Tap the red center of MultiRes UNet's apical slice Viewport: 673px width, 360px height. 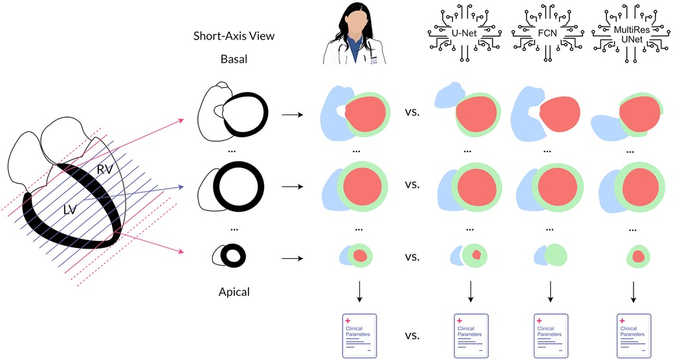tap(638, 256)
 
